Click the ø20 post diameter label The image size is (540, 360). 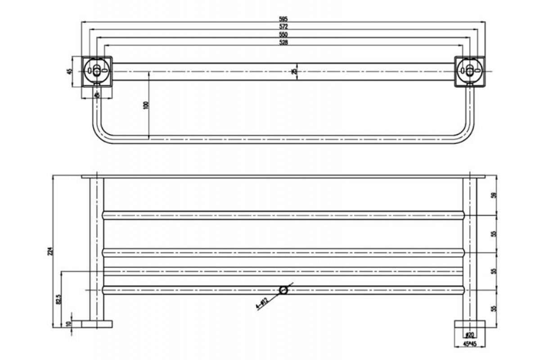469,335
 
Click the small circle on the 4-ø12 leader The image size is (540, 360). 283,290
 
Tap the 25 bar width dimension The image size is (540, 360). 294,72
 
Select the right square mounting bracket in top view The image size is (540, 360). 469,71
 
